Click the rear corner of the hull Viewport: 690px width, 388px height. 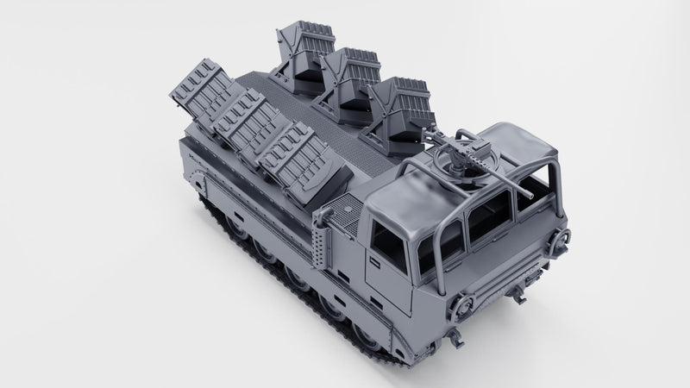tap(183, 138)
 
